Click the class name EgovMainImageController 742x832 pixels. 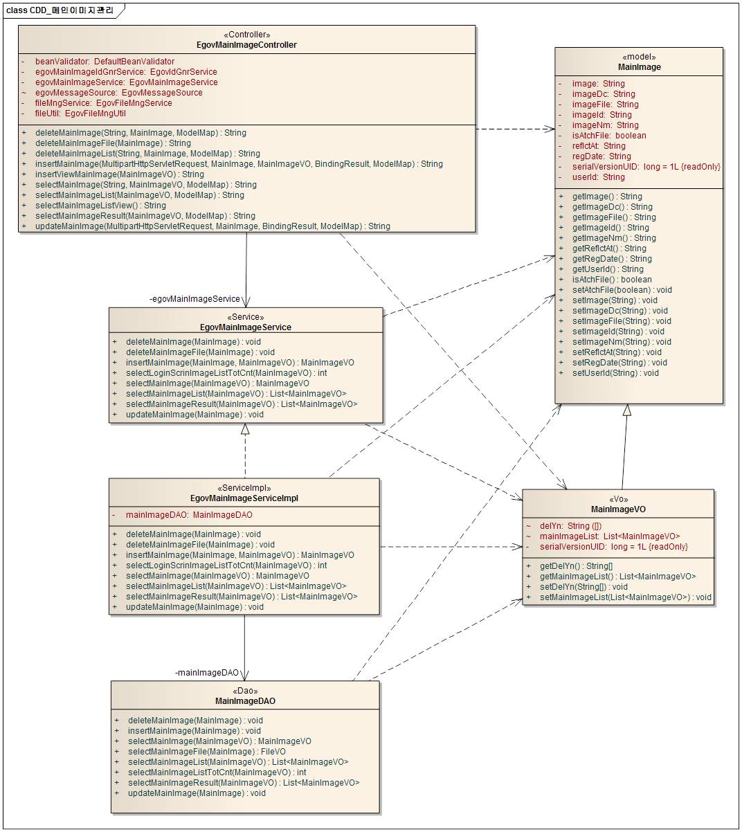point(247,45)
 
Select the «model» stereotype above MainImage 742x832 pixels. point(639,57)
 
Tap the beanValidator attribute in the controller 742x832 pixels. point(105,62)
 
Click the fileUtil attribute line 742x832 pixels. point(80,114)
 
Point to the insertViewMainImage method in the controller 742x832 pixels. point(119,174)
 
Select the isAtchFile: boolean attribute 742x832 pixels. point(608,136)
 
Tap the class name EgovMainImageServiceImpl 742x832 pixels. point(244,498)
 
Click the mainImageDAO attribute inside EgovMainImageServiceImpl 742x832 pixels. point(188,515)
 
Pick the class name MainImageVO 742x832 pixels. point(618,509)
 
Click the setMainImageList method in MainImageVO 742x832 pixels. point(625,597)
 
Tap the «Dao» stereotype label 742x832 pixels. point(245,691)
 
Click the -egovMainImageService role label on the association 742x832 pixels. point(194,299)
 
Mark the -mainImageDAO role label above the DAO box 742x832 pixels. point(207,673)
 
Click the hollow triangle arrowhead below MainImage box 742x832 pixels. point(627,410)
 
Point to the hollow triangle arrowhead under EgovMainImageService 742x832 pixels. point(245,429)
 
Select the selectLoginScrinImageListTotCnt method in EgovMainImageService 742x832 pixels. point(226,373)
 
